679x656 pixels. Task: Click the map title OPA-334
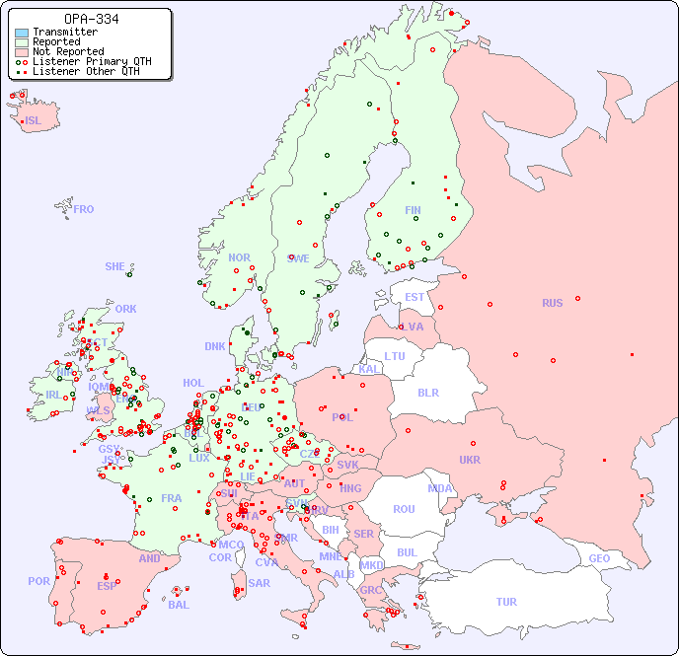(91, 19)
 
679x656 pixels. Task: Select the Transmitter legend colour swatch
(22, 33)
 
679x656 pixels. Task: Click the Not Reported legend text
(67, 51)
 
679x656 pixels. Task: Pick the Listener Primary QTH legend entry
(84, 61)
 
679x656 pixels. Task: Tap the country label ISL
(34, 121)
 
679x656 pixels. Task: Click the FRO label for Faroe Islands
(84, 209)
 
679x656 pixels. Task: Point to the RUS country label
(552, 303)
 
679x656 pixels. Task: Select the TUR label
(506, 602)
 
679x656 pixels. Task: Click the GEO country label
(599, 558)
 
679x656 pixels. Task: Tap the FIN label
(413, 210)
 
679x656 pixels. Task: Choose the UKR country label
(470, 460)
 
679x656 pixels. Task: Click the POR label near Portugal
(38, 581)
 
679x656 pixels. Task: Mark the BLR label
(427, 392)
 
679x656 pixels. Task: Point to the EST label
(415, 297)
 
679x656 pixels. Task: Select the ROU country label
(404, 509)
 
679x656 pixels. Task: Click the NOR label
(239, 257)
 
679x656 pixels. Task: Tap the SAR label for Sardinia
(259, 583)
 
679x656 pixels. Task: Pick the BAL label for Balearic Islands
(178, 605)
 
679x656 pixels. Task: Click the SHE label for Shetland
(115, 266)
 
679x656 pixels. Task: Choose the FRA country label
(172, 498)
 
